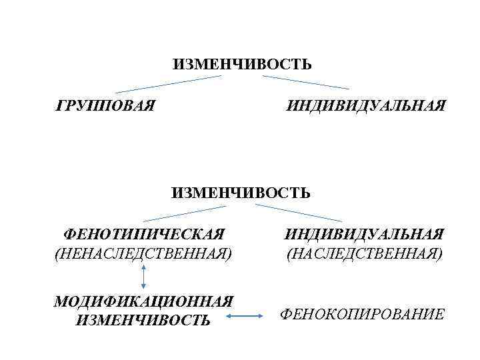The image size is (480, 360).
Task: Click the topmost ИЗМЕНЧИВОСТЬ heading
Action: (x=241, y=65)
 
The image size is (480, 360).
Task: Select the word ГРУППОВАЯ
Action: (x=106, y=105)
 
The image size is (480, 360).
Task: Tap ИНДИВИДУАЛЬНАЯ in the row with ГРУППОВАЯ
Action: (x=366, y=105)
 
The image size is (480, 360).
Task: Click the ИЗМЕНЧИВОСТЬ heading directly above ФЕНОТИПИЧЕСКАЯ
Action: (x=241, y=193)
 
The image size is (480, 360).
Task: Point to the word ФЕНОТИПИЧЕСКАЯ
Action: (x=144, y=235)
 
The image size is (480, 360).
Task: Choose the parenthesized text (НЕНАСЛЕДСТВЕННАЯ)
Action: (x=144, y=254)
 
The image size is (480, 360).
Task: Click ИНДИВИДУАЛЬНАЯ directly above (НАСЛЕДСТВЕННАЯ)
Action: (x=364, y=235)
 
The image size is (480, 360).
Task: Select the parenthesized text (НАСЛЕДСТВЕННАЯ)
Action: (x=364, y=254)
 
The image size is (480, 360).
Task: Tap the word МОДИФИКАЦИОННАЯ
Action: (x=144, y=301)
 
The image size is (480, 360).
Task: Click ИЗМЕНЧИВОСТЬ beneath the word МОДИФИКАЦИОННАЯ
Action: (x=144, y=321)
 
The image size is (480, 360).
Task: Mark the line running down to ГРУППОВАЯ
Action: (x=168, y=84)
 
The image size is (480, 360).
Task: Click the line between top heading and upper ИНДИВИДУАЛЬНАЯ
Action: (x=305, y=83)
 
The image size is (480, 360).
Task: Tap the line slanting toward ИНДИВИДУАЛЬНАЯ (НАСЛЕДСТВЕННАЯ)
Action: (x=299, y=213)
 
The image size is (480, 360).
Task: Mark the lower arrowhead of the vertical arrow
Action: (x=143, y=287)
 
